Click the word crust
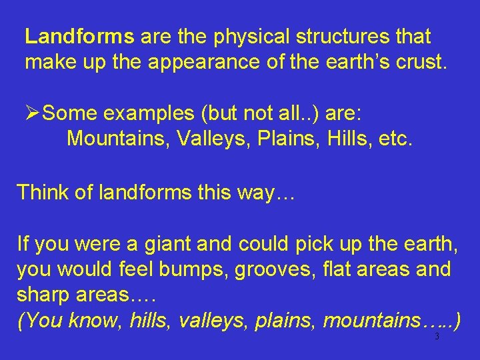pyautogui.click(x=423, y=63)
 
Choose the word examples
pyautogui.click(x=149, y=113)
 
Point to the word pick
pyautogui.click(x=311, y=245)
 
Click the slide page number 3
pyautogui.click(x=437, y=337)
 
